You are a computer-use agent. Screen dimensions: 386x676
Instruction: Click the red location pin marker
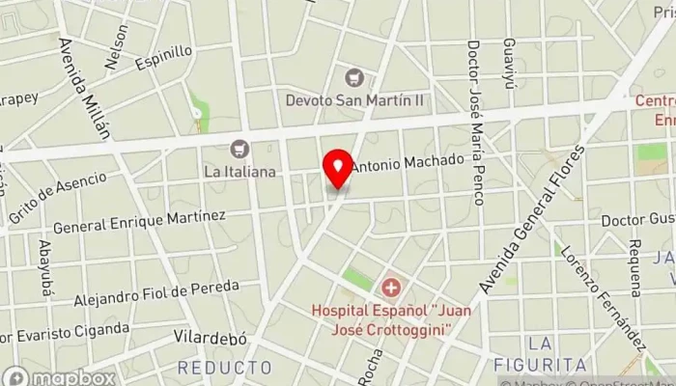coord(338,170)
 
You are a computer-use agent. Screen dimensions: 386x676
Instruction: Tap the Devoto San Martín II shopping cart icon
coord(355,76)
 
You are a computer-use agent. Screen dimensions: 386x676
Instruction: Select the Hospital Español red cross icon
coord(391,287)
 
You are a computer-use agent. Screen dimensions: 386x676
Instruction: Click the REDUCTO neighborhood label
coord(225,368)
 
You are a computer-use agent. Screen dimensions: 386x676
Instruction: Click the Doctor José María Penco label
coord(475,122)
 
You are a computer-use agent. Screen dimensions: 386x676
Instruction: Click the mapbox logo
coord(59,376)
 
